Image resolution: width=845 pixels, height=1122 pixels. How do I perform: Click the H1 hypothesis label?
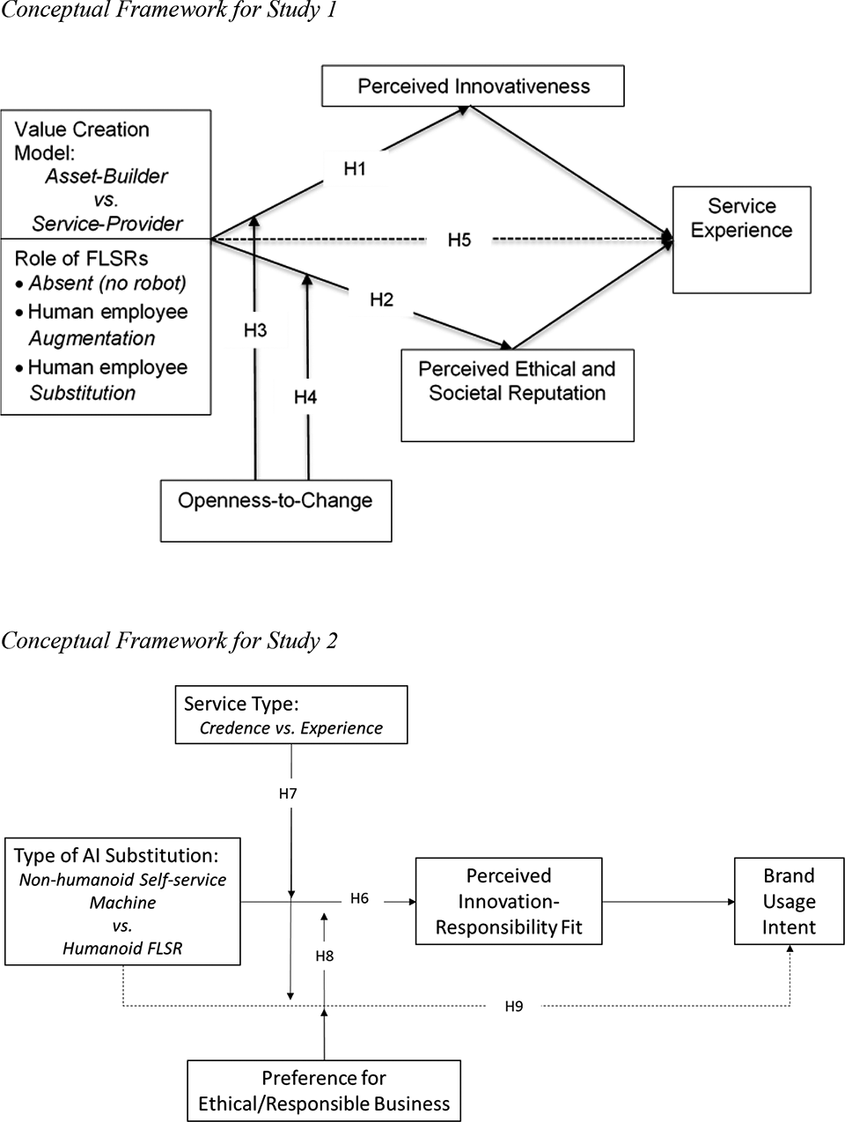point(355,168)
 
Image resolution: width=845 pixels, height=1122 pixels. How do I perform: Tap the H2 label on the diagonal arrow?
point(382,299)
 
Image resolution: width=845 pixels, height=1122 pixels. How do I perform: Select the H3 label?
point(255,330)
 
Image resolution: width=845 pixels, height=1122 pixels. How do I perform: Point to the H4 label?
point(305,396)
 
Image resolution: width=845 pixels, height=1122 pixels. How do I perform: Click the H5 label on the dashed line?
point(459,240)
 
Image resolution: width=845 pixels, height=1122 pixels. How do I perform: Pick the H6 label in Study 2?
point(360,898)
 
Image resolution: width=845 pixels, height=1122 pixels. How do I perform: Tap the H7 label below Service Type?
point(288,794)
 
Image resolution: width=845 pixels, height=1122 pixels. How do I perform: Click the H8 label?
point(325,956)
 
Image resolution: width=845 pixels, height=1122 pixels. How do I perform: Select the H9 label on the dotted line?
point(514,1006)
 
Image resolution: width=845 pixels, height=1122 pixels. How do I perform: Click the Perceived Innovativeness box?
point(473,86)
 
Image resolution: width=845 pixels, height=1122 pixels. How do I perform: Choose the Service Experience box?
point(742,240)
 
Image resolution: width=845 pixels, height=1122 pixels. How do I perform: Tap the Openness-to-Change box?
point(276,511)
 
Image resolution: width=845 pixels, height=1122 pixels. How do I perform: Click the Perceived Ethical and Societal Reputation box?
point(518,395)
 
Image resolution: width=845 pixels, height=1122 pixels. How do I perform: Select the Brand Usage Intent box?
point(790,901)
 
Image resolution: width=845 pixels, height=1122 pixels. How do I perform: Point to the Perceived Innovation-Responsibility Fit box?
point(509,901)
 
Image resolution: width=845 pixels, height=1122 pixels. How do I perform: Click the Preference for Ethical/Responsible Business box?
point(324,1091)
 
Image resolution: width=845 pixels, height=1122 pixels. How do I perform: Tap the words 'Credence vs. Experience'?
point(291,728)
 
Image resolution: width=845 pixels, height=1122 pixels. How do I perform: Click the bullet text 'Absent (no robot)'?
point(107,284)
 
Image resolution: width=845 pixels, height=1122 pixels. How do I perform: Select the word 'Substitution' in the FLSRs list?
point(82,393)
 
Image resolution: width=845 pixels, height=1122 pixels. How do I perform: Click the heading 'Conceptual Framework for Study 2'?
point(169,640)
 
